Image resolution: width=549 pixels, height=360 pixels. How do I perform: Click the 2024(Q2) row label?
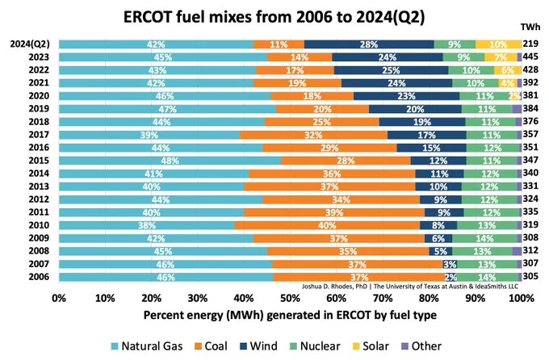click(x=30, y=44)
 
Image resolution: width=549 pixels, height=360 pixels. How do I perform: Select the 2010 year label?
click(x=38, y=225)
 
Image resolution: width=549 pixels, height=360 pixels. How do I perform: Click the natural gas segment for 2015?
click(x=170, y=161)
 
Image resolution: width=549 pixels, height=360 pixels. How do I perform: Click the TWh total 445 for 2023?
click(x=531, y=57)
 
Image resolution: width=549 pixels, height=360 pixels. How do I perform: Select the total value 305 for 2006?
click(x=531, y=277)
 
